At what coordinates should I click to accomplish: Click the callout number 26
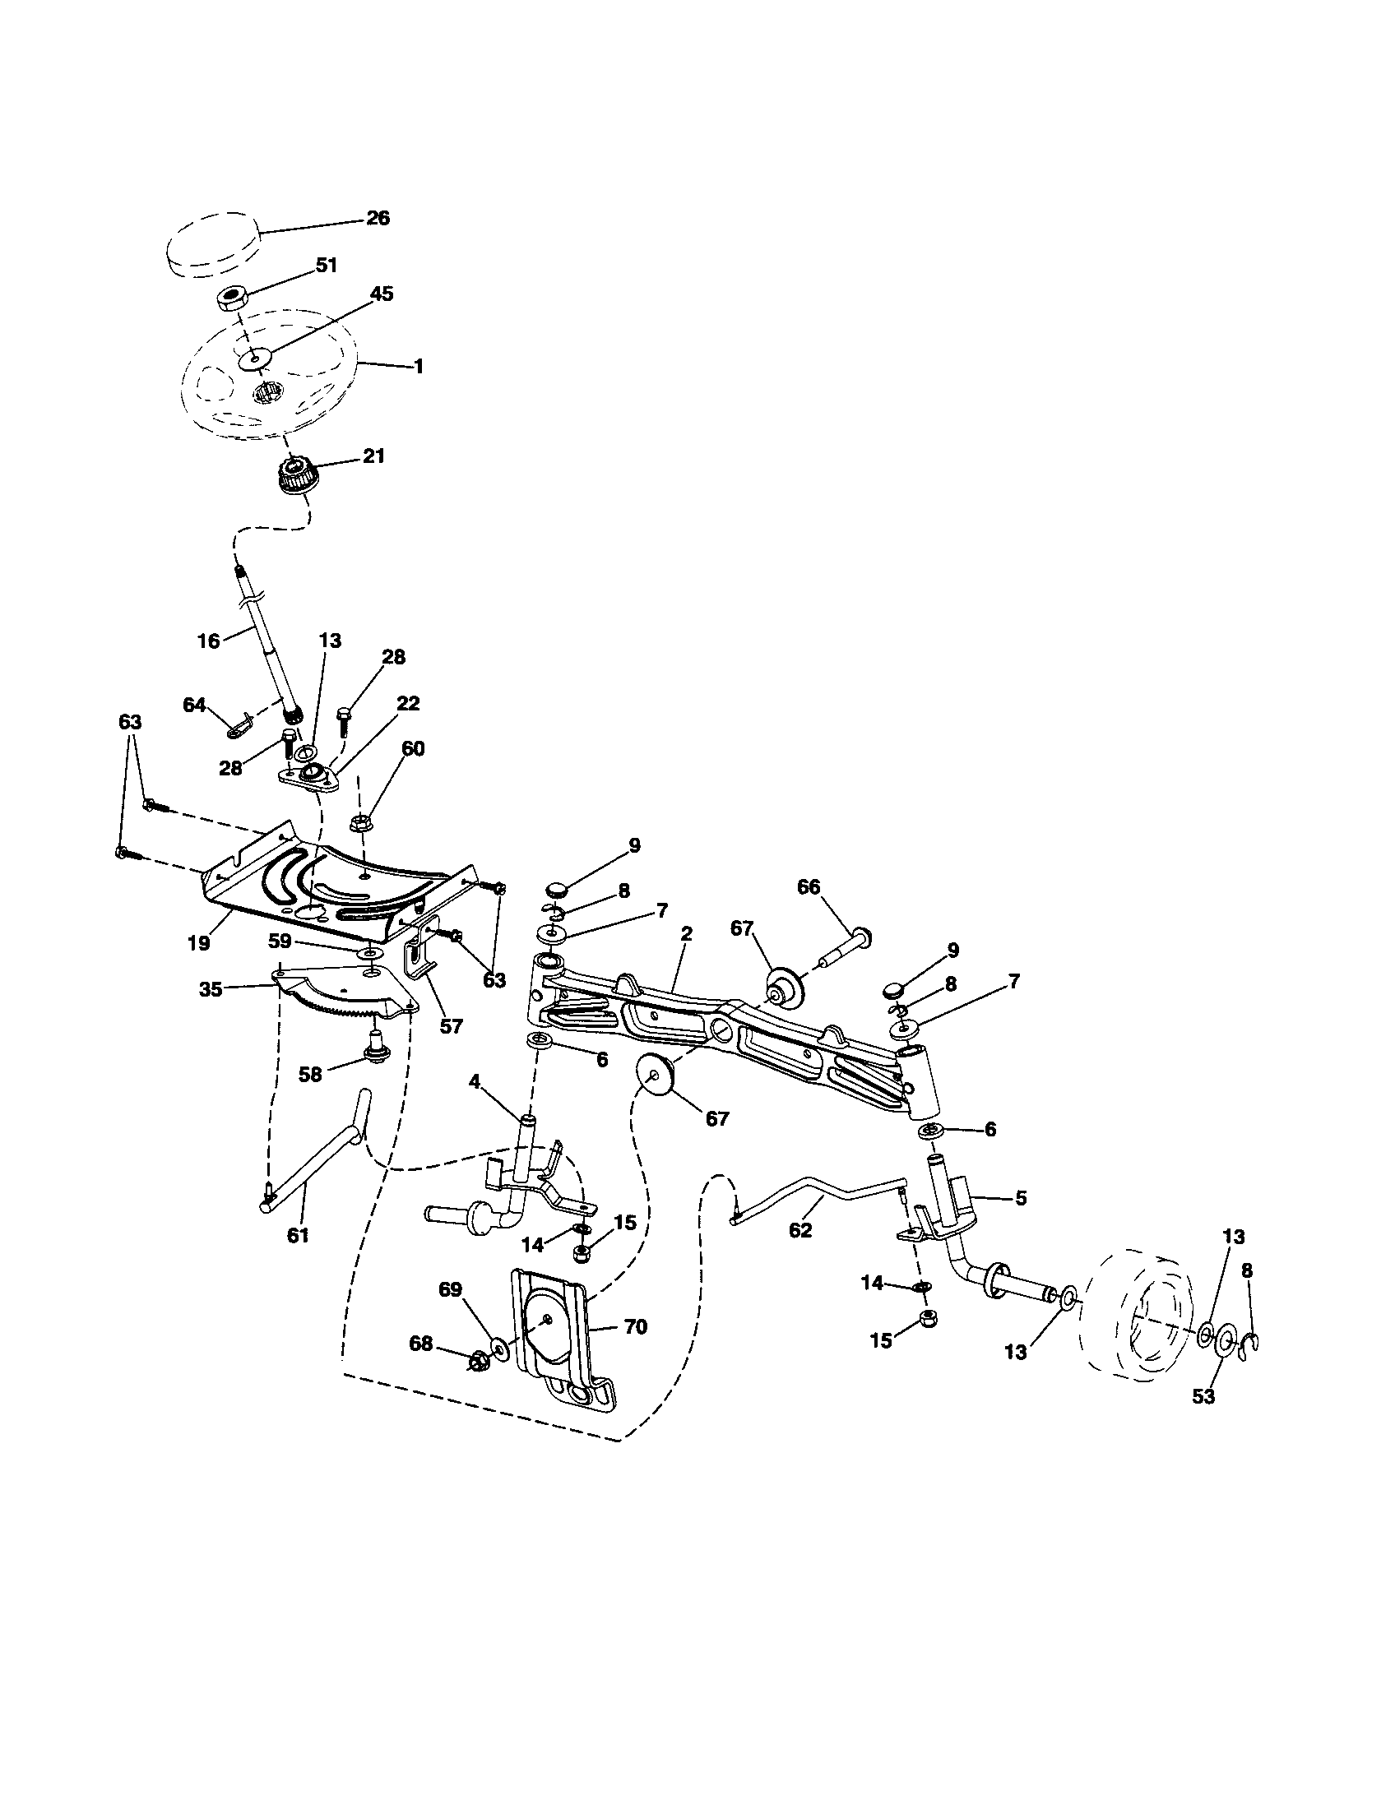click(x=377, y=219)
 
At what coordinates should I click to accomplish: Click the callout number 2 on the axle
click(x=687, y=933)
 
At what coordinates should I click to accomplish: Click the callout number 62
click(x=800, y=1230)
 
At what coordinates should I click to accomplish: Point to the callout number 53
click(x=1203, y=1395)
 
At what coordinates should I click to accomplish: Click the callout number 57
click(x=452, y=1026)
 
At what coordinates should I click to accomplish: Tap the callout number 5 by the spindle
click(x=1021, y=1198)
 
